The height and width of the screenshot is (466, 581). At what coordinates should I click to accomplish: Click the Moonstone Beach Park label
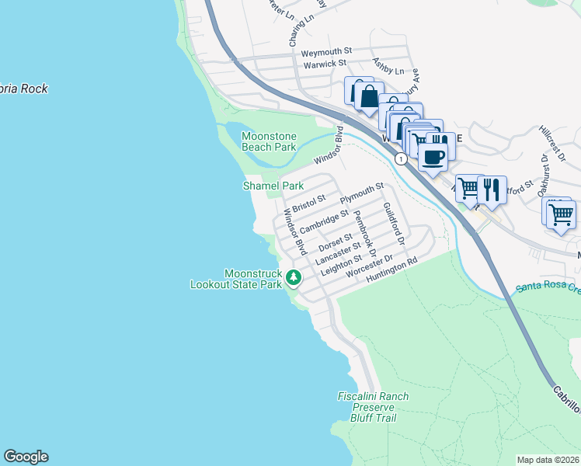click(269, 141)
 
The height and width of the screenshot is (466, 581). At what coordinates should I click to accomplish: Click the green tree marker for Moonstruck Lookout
click(293, 277)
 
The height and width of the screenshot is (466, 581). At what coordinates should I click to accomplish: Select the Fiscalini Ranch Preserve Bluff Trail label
click(373, 407)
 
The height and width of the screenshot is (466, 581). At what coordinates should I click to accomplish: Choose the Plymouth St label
click(362, 192)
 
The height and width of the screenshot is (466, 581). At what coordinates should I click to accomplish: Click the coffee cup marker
click(433, 158)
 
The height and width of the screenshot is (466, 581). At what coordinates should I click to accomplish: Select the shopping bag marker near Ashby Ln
click(369, 98)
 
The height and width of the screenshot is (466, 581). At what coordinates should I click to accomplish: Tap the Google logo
click(26, 457)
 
